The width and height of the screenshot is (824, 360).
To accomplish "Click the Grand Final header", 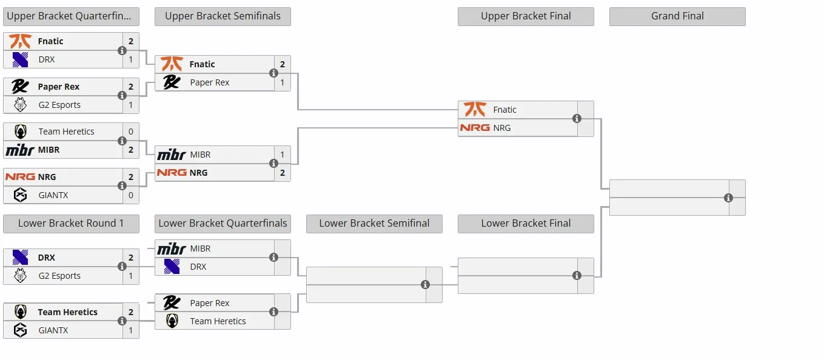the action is pos(677,16).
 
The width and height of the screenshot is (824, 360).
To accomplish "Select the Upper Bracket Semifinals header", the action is pos(223,16).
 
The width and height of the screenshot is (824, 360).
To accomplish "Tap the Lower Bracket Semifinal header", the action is pos(374,224).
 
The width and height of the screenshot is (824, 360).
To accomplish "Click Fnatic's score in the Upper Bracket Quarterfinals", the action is pos(130,41).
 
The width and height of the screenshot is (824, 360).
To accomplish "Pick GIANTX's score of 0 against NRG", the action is pos(130,195).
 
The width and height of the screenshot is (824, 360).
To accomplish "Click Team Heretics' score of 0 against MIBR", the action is pos(130,132).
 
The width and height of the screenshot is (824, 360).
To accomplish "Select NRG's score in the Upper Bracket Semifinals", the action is pos(282,173).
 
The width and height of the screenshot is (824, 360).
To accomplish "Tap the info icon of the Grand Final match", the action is pos(728,198).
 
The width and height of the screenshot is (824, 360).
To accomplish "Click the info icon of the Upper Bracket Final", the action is pos(577,118).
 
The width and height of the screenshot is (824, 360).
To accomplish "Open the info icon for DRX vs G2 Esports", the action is pos(122,266).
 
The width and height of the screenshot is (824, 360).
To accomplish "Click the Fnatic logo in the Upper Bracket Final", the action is pos(475,110).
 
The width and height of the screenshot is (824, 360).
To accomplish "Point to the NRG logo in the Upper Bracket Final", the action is pos(475,128).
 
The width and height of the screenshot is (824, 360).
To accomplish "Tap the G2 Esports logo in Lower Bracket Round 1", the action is pos(20,275).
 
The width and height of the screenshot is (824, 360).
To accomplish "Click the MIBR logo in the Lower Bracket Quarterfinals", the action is pos(172,249).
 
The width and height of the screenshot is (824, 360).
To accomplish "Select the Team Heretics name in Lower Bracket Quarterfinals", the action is pos(218,321).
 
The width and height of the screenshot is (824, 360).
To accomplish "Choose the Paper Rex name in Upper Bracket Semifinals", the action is pos(210,82).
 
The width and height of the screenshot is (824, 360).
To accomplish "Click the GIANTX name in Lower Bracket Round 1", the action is pos(53,330).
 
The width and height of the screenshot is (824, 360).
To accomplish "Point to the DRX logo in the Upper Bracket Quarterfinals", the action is pos(20,59).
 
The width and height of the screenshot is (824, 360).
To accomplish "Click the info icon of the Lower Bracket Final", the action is pos(577,275).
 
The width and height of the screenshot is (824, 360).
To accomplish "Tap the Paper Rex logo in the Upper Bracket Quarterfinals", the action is pos(20,87).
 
